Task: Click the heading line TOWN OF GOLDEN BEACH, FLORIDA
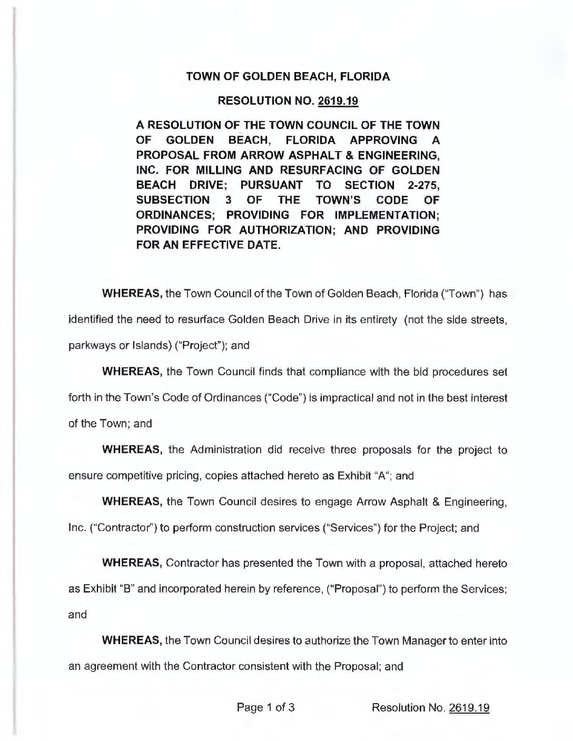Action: click(288, 77)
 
